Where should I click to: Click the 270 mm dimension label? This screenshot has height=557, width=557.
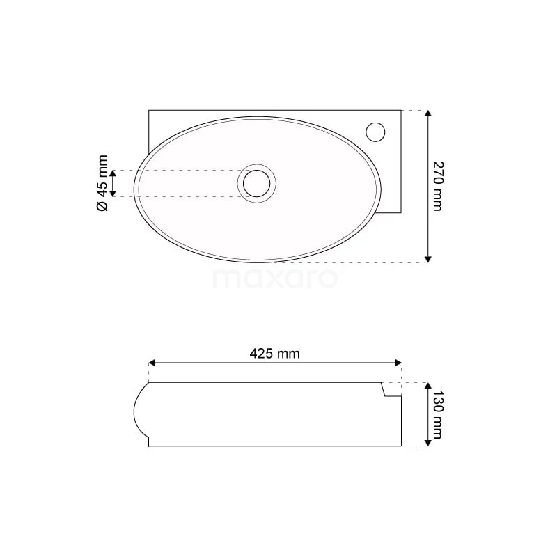[x=438, y=186]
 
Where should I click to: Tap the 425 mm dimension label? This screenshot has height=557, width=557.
[x=274, y=354]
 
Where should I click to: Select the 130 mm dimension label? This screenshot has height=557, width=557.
[x=437, y=414]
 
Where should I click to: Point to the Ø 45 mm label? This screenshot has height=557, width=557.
[x=102, y=183]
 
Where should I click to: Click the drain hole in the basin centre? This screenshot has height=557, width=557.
[x=256, y=183]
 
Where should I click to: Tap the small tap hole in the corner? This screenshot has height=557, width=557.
[x=375, y=132]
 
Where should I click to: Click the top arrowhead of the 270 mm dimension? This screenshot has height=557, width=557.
[x=428, y=113]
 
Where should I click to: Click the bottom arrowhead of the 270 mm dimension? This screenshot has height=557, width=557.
[x=428, y=259]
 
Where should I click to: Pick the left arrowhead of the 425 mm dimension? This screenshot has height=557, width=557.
[x=152, y=363]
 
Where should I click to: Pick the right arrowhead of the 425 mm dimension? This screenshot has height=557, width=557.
[x=398, y=363]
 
